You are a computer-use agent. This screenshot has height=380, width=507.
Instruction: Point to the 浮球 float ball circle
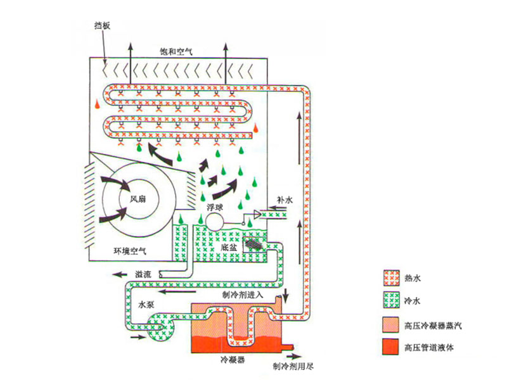pos(215,220)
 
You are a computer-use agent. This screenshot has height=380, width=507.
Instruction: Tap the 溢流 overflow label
pos(144,274)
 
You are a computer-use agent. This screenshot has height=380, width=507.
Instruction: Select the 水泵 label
pos(147,304)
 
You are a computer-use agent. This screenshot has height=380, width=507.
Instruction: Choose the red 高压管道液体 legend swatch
pos(390,348)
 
